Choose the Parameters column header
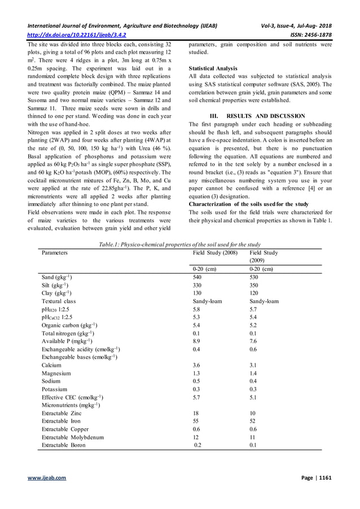click(55, 253)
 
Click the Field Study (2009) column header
click(264, 257)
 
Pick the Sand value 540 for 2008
click(197, 278)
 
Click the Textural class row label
click(59, 301)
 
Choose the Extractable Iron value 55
click(196, 421)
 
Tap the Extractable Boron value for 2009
click(253, 445)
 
